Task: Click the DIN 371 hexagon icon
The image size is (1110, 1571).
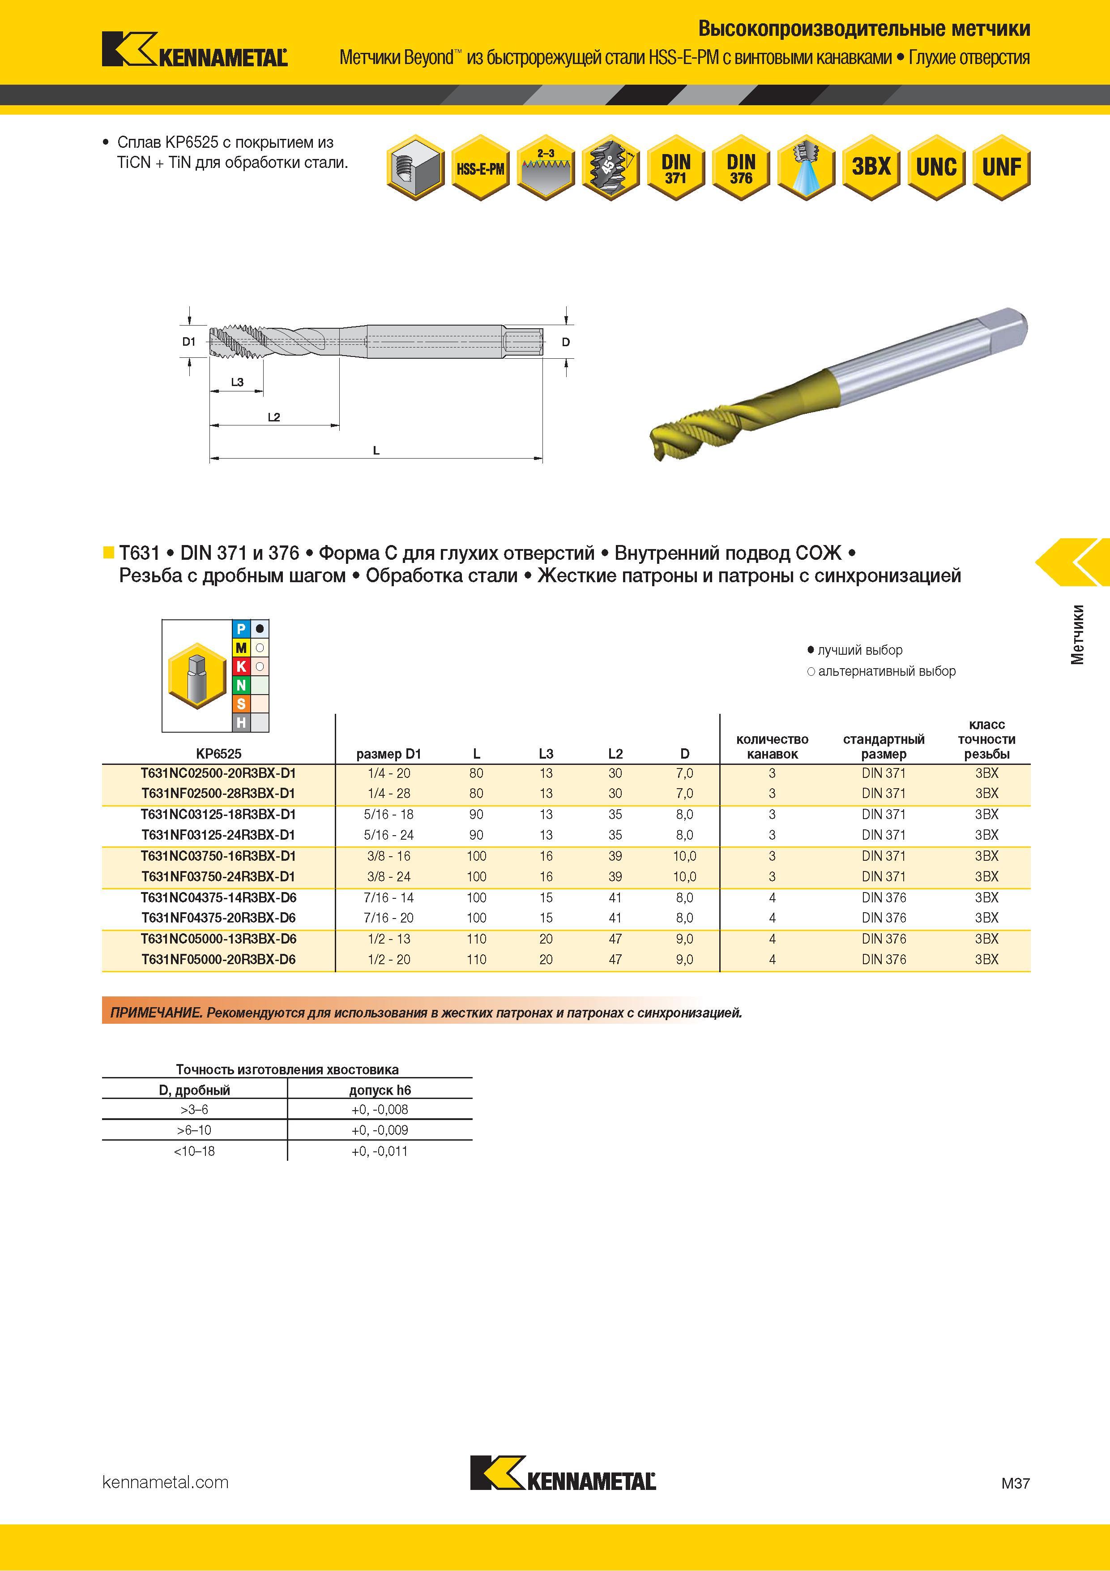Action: coord(676,167)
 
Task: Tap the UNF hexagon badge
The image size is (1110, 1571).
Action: coord(1001,167)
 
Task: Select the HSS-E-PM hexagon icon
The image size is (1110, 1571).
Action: coord(480,167)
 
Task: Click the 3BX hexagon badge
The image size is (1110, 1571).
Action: coord(871,167)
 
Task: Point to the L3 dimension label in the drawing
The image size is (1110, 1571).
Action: coord(237,382)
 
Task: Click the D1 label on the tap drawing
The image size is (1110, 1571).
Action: coord(189,341)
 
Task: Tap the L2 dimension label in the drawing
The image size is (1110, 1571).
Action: coord(273,416)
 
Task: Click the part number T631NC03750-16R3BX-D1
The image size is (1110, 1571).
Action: coord(218,856)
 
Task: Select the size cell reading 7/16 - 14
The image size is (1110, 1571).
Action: coord(389,897)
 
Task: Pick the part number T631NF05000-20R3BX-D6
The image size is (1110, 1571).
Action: coord(218,959)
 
